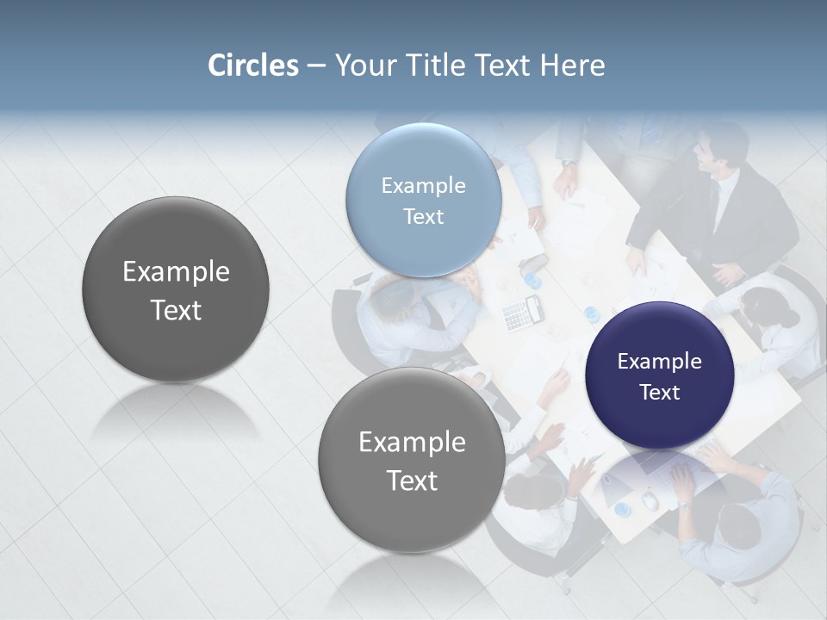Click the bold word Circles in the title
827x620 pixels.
(252, 65)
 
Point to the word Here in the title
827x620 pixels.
(572, 65)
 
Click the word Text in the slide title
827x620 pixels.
(503, 65)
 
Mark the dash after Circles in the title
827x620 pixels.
(315, 66)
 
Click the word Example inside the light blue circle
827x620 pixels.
(423, 185)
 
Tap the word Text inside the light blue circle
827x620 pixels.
(423, 216)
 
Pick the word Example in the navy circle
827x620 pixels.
(659, 361)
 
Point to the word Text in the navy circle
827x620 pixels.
(659, 392)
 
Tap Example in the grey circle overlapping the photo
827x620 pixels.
(412, 442)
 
